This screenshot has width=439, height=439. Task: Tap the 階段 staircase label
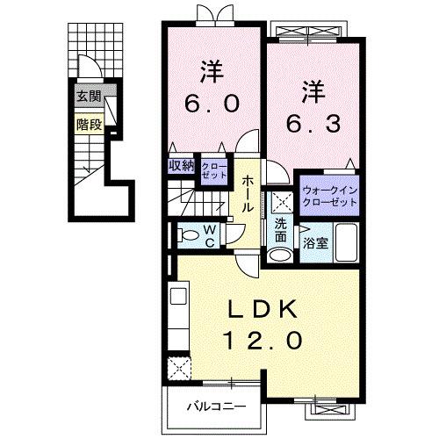(89, 124)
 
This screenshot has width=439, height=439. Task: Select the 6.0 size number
(211, 103)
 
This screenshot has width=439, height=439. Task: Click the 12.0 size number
(265, 338)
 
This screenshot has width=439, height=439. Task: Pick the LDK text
(264, 309)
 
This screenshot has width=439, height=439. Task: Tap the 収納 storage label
(183, 165)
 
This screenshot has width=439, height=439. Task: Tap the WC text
(211, 234)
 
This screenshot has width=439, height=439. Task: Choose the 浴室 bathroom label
(317, 243)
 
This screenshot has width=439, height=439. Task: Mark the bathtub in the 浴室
(346, 243)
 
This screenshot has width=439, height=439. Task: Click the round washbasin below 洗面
(279, 255)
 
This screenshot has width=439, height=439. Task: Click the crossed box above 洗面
(280, 200)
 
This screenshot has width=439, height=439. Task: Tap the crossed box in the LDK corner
(181, 367)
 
